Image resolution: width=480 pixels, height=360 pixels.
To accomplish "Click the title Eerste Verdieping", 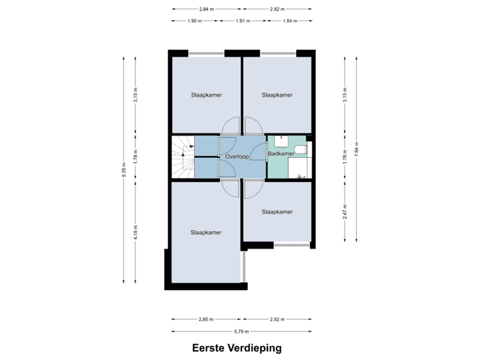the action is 237,348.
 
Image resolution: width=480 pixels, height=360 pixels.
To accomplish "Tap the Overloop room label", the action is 237,157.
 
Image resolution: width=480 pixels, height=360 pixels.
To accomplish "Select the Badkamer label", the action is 281,153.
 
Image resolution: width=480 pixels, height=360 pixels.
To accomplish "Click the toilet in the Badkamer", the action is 301,150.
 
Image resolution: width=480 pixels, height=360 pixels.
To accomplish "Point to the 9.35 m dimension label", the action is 124,170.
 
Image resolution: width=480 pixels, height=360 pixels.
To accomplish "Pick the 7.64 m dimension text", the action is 356,149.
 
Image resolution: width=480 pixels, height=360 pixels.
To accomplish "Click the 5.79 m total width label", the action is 241,331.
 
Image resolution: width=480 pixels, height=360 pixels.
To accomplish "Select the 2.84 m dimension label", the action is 206,9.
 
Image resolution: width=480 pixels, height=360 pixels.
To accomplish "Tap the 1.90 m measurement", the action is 195,21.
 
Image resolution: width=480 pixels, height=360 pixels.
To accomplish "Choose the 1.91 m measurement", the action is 243,21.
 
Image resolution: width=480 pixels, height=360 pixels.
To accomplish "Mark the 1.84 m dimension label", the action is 290,21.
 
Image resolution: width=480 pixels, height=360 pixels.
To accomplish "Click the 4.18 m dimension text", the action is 135,233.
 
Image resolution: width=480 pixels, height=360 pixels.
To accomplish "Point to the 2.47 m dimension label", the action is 345,211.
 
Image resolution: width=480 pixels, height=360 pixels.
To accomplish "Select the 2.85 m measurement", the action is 206,319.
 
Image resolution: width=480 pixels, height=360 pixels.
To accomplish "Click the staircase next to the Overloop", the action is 183,157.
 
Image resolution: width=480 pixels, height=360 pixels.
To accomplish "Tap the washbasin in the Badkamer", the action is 281,141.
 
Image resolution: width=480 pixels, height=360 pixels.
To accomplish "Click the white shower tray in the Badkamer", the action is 298,168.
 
